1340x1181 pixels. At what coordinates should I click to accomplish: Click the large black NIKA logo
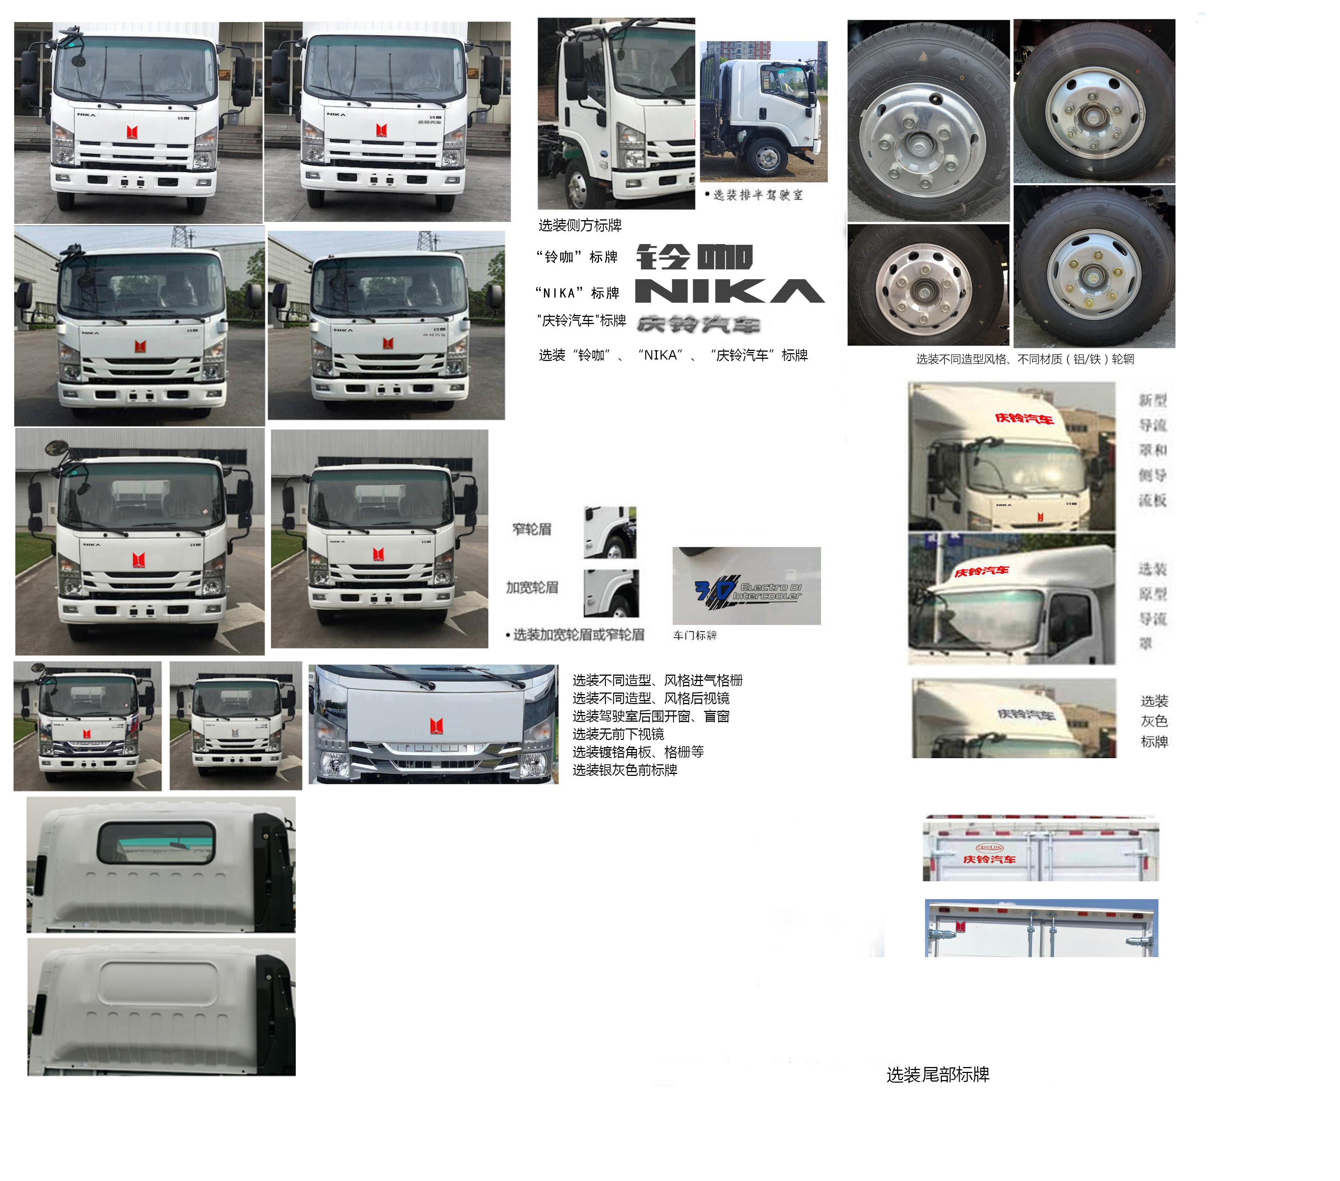tap(729, 291)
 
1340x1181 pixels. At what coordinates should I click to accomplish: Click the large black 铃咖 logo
tap(694, 257)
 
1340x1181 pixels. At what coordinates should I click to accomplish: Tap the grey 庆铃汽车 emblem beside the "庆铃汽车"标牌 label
tap(698, 324)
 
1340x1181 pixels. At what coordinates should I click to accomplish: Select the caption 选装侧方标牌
tap(580, 225)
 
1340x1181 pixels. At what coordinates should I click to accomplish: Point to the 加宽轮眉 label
tap(532, 587)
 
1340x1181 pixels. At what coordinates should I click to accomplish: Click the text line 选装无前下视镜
tap(618, 734)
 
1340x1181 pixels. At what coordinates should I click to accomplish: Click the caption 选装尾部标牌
tap(937, 1075)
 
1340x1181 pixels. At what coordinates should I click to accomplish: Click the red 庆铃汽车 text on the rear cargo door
tap(989, 859)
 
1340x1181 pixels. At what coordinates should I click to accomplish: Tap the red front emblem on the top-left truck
tap(132, 132)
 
